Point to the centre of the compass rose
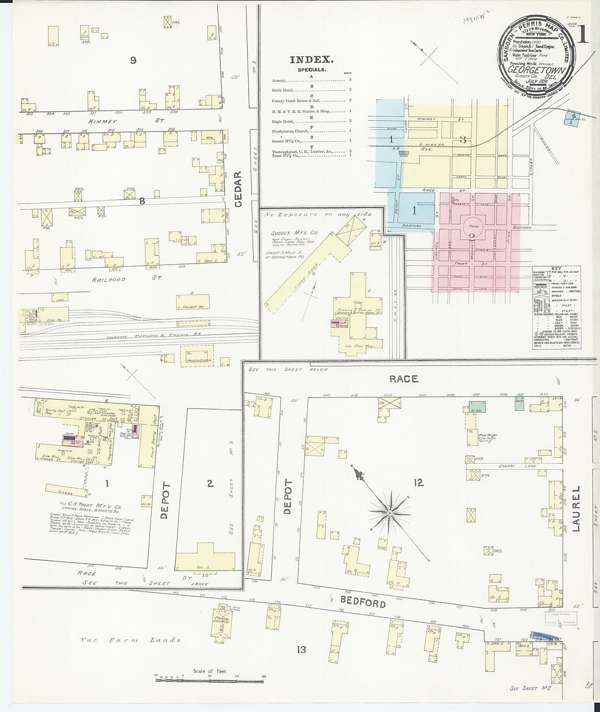391,513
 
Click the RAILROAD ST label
110,279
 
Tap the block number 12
419,482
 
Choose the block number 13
302,649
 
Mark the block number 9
133,61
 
